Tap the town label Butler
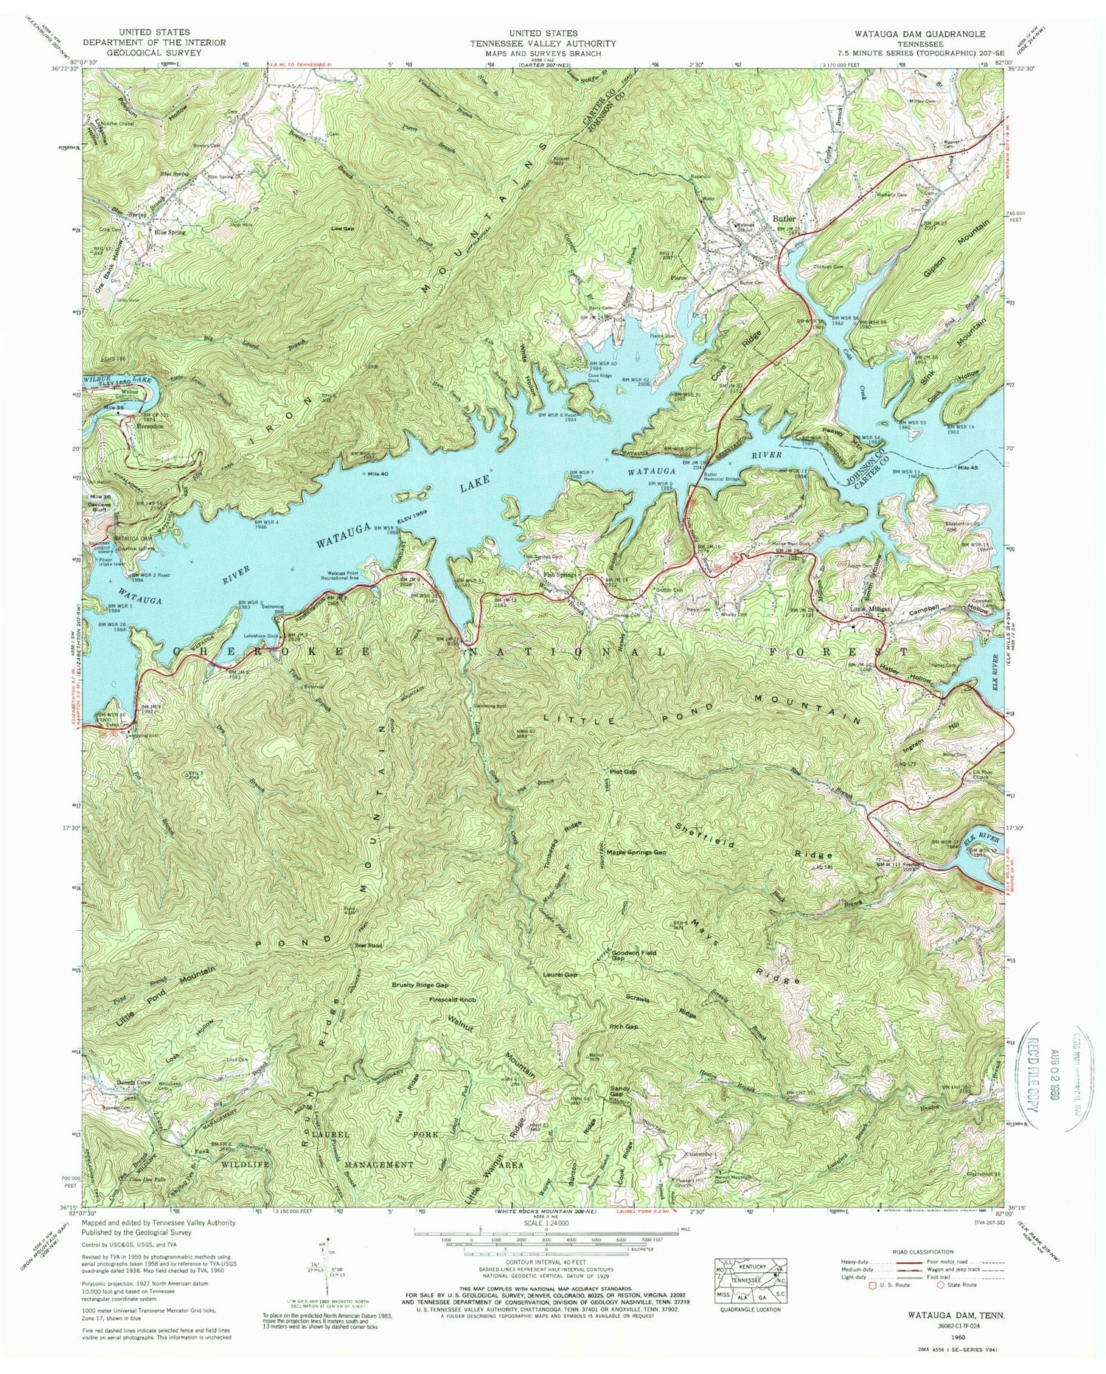click(785, 218)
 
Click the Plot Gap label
click(622, 772)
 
